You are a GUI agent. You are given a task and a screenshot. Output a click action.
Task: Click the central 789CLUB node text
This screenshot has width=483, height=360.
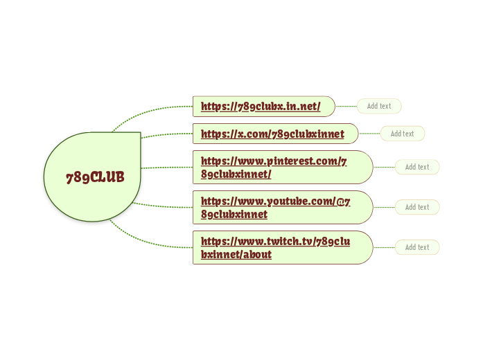point(95,177)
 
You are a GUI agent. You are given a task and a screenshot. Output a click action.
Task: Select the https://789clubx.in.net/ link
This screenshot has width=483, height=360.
point(261,107)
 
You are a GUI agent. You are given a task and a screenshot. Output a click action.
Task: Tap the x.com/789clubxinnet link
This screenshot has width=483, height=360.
point(272,134)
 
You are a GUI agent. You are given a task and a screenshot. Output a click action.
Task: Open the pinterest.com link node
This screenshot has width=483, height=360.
point(283,167)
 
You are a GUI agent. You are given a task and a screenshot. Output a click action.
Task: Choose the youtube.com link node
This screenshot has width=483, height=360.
point(283,207)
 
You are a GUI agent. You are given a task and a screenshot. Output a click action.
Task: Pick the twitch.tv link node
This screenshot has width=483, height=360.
point(283,247)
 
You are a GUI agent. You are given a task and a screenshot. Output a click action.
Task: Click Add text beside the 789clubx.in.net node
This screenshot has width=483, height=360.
point(379,106)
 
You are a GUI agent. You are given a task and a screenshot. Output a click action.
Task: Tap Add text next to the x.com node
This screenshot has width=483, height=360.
point(403,134)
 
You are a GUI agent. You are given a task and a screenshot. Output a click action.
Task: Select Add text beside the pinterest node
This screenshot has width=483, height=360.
point(417,167)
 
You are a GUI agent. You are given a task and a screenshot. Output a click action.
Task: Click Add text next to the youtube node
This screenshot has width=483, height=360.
point(417,207)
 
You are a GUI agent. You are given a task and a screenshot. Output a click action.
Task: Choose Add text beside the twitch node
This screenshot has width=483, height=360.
point(417,247)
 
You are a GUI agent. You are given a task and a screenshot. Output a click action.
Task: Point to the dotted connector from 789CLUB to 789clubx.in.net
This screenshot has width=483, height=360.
point(145,111)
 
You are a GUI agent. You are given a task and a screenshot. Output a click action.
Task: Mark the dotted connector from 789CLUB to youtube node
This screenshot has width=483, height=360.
point(164,206)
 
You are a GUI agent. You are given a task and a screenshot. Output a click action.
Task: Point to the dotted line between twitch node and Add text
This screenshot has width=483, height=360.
point(384,247)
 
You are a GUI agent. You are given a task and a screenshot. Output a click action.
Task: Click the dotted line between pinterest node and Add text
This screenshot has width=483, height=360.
point(384,167)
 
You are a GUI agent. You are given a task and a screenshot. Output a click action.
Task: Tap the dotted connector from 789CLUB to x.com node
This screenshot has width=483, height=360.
point(166,134)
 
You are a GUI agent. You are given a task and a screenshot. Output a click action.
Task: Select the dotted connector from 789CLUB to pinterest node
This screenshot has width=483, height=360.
point(167,168)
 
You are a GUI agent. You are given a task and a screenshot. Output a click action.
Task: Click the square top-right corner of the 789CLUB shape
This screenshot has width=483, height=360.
point(141,133)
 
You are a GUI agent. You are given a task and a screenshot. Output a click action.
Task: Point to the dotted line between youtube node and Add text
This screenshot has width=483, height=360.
point(384,207)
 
